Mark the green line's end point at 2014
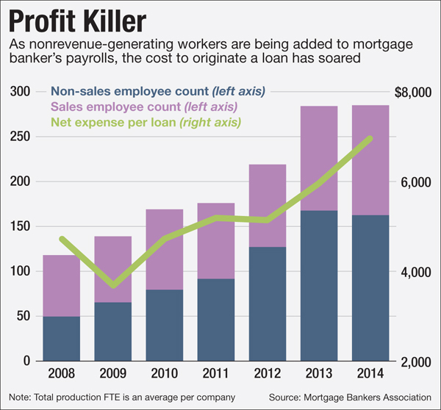pyautogui.click(x=370, y=138)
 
